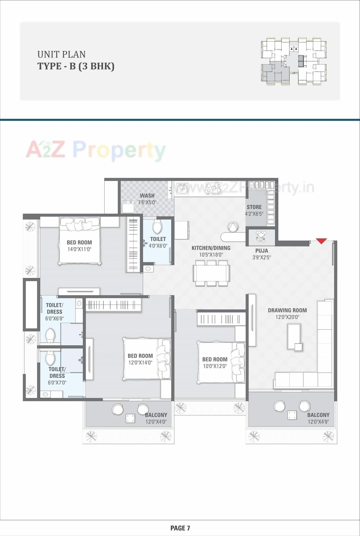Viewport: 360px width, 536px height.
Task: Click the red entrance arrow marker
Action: (x=321, y=241)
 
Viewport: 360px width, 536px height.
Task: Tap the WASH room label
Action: (x=147, y=196)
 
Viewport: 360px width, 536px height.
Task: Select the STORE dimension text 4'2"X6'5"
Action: (x=254, y=214)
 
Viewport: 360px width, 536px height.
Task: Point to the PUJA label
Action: (x=262, y=251)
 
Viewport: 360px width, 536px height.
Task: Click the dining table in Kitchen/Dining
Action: (x=211, y=273)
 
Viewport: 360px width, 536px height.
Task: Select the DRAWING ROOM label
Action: (x=287, y=310)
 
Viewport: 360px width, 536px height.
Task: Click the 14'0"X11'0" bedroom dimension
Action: (x=79, y=249)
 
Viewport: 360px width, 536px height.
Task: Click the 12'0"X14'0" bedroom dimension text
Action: (x=140, y=363)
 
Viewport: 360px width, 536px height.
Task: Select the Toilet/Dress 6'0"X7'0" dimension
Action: (x=57, y=383)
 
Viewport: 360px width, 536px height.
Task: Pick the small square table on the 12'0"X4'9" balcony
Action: (x=292, y=415)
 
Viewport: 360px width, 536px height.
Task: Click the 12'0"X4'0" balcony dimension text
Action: (x=156, y=422)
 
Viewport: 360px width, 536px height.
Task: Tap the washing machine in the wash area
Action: (x=128, y=207)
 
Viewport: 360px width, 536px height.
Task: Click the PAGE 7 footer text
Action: (x=180, y=528)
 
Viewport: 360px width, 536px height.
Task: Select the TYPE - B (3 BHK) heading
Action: (x=76, y=66)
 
